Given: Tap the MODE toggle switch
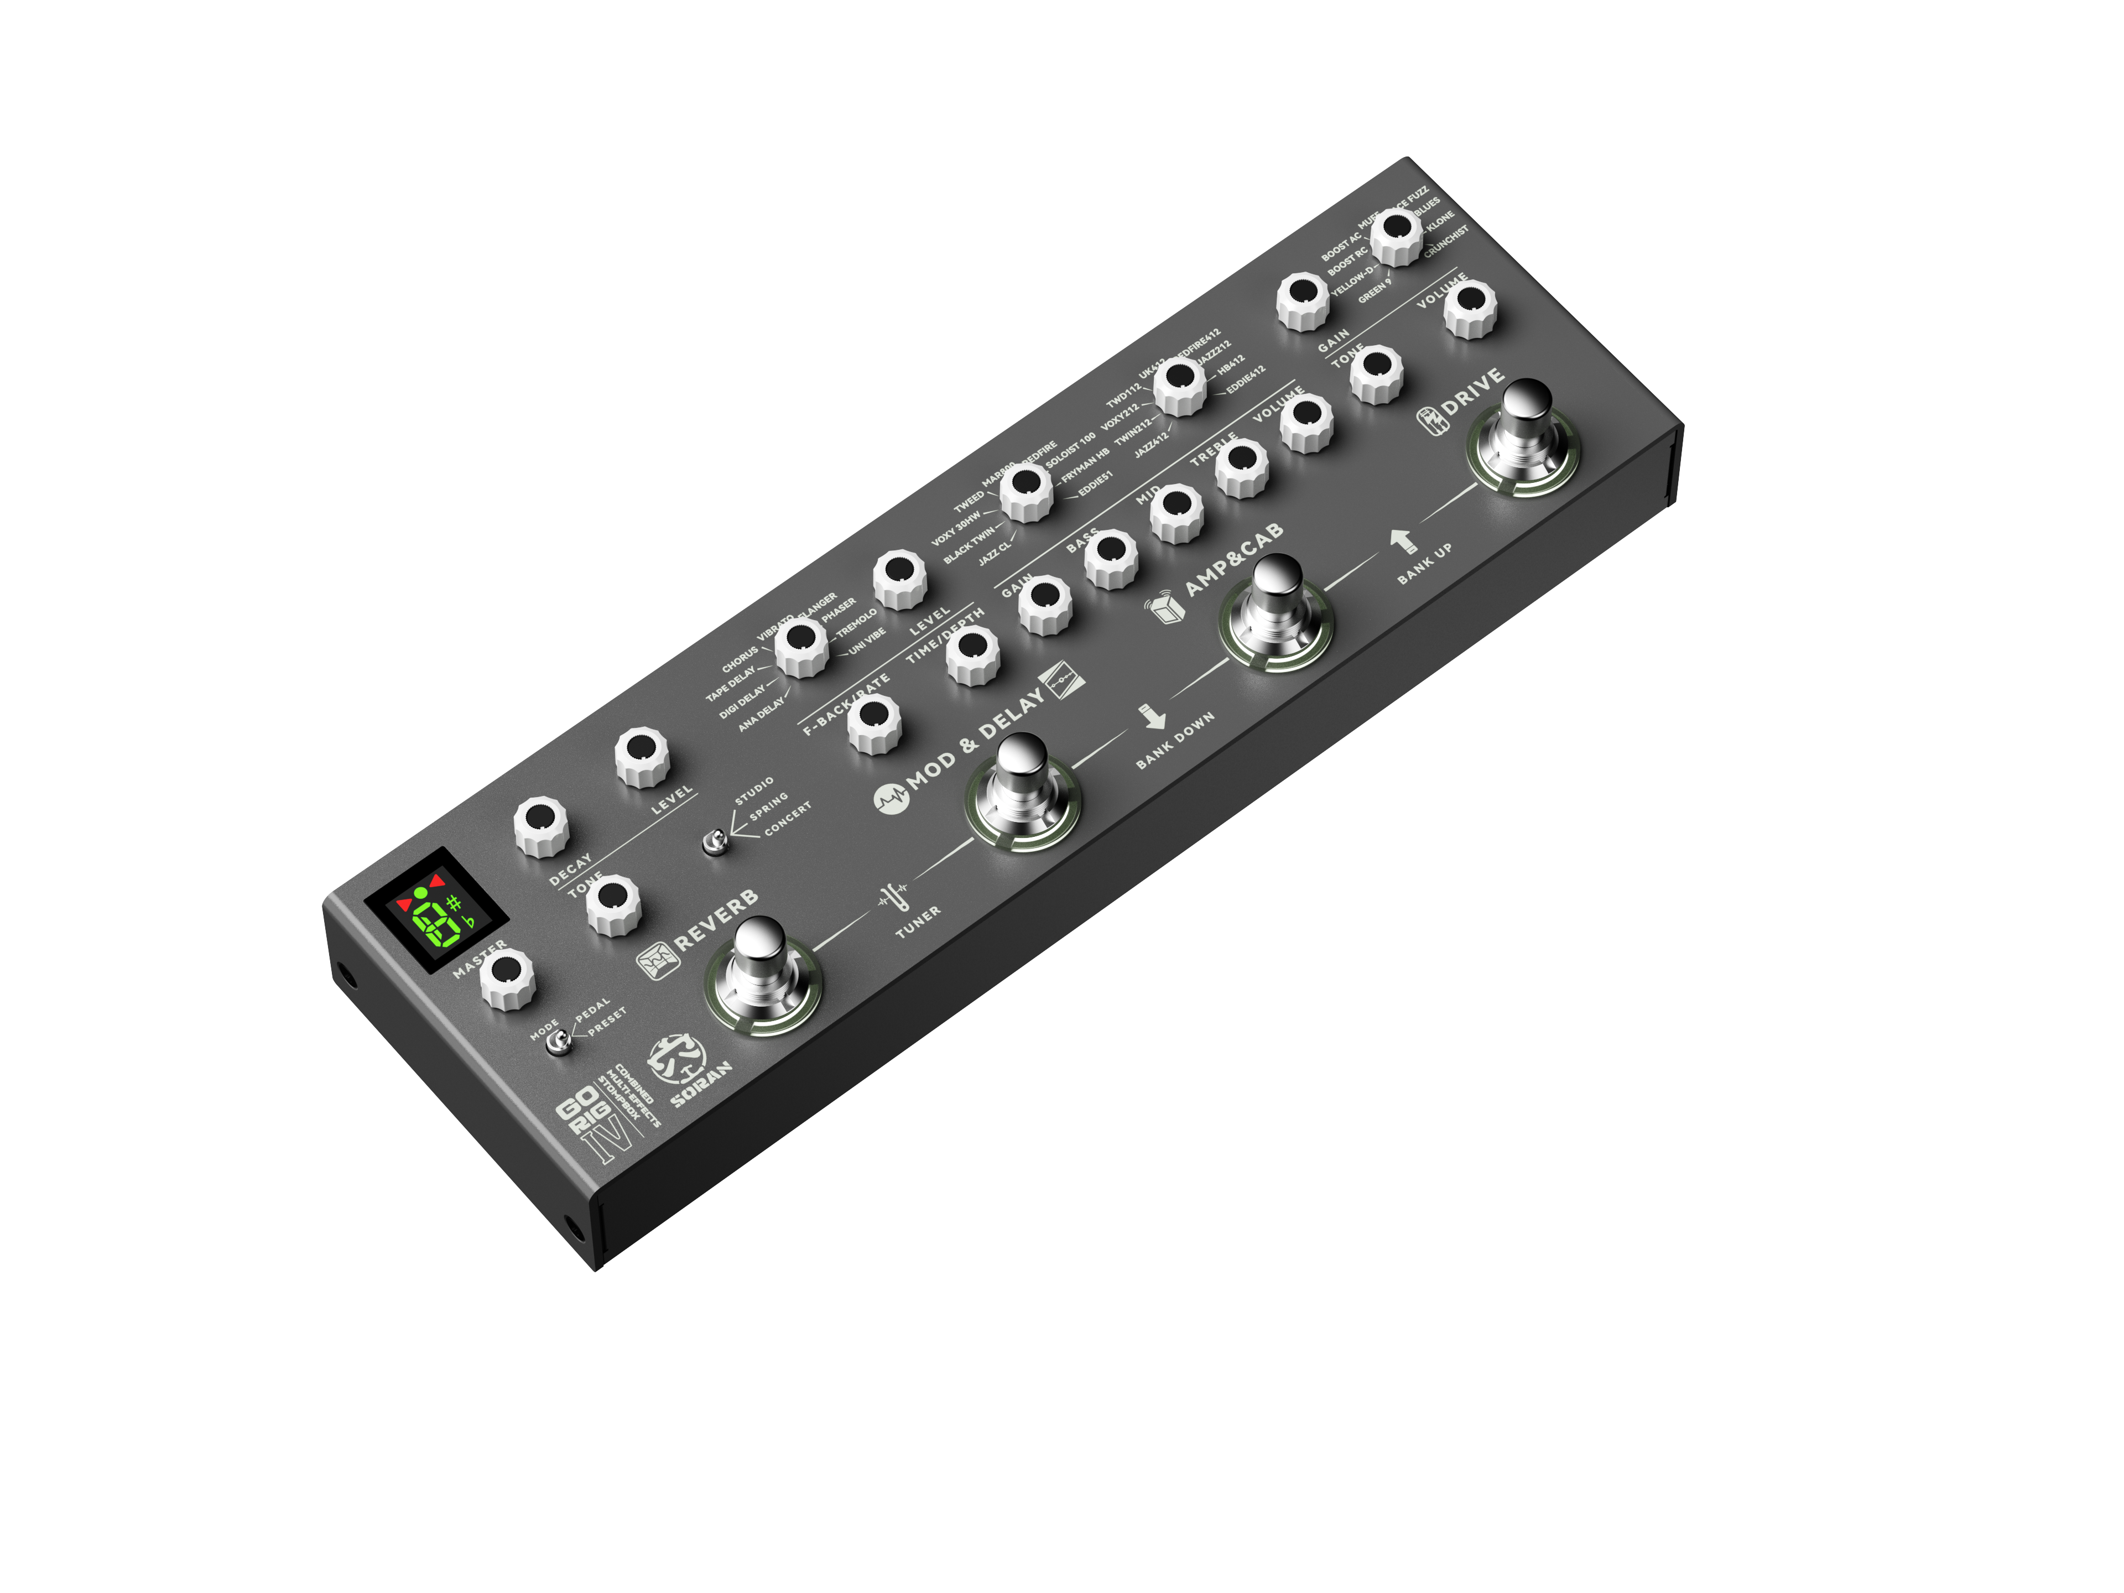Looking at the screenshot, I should click(x=557, y=1043).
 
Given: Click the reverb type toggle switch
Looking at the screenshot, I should click(x=715, y=843).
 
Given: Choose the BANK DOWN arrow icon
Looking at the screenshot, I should click(x=1152, y=716).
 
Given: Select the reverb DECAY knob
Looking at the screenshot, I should click(x=540, y=826).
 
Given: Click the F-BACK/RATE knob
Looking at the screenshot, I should click(x=874, y=723).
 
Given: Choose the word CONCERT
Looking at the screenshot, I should click(x=788, y=818).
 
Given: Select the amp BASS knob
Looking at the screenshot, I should click(x=1111, y=557).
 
